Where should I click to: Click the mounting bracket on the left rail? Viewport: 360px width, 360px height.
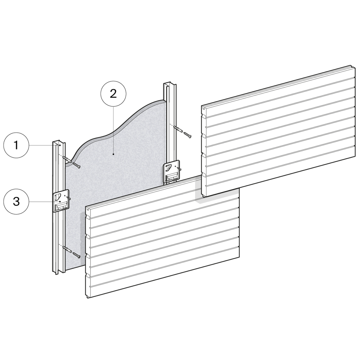tap(61, 200)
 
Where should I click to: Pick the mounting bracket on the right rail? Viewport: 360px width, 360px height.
tap(171, 171)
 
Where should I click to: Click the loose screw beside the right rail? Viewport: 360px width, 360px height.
tap(187, 135)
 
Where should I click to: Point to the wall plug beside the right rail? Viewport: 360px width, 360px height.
tap(178, 129)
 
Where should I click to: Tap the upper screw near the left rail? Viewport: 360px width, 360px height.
tap(76, 165)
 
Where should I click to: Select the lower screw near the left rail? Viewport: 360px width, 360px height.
tap(76, 255)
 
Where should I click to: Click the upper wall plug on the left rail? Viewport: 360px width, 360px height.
tap(67, 159)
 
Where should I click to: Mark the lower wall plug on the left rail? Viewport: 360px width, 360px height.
tap(67, 249)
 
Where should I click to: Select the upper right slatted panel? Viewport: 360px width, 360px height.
tap(278, 131)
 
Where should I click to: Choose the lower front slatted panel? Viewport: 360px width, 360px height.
tap(162, 237)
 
